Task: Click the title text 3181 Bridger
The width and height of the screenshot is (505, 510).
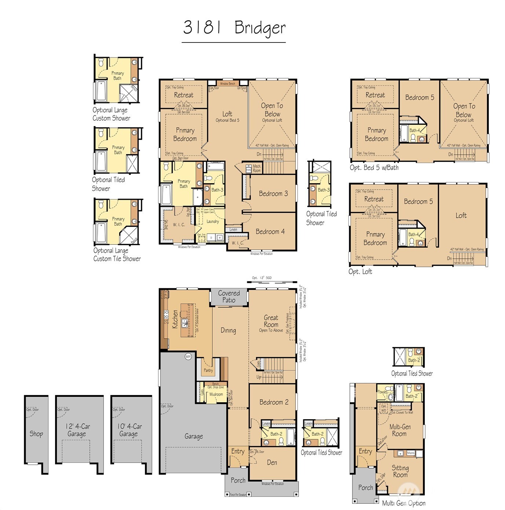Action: pos(234,28)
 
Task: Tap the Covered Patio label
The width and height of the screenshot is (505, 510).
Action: pos(229,296)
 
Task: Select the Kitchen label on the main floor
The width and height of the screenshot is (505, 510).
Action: pos(175,319)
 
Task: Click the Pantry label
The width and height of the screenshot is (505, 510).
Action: pos(208,370)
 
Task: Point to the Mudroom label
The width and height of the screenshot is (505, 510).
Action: pos(216,394)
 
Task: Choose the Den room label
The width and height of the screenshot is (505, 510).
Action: pos(272,463)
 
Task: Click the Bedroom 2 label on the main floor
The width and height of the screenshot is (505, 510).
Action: pos(274,402)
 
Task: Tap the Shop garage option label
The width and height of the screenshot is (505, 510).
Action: pos(36,434)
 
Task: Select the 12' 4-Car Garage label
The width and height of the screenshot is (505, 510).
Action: pos(77,430)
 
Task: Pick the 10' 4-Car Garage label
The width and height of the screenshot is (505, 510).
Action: pos(129,430)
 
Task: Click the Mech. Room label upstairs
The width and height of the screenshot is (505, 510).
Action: pos(257,169)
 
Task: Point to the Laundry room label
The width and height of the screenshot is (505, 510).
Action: pos(213,221)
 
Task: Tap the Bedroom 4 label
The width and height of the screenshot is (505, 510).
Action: pos(270,232)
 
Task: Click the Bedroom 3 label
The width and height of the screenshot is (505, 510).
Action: pos(273,194)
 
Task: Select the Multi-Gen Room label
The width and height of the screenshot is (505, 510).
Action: pos(400,430)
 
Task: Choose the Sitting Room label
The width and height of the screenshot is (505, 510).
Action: pos(400,471)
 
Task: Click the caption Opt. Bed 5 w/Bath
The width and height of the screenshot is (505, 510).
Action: pos(374,168)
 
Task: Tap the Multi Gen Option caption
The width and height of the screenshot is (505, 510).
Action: pos(404,503)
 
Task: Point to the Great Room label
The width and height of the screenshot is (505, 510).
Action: pos(271,321)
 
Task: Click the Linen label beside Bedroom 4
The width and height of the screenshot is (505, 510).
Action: pos(233,229)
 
